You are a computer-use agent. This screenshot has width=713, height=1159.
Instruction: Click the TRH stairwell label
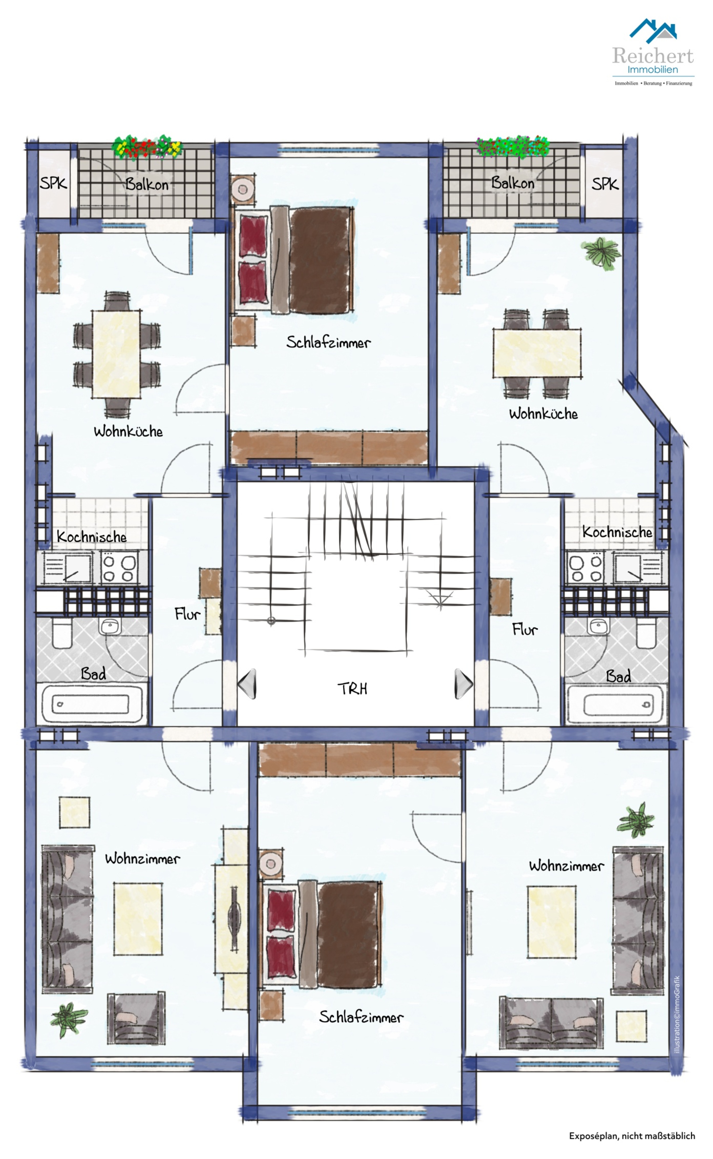pos(352,689)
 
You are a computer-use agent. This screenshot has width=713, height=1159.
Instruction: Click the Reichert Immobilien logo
pos(653,52)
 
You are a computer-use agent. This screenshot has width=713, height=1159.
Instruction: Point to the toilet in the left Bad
pos(62,634)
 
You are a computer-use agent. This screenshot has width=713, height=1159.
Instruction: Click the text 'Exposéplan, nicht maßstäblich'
pos(632,1136)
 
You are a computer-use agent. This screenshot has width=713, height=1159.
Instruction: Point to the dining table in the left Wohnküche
pos(116,354)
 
